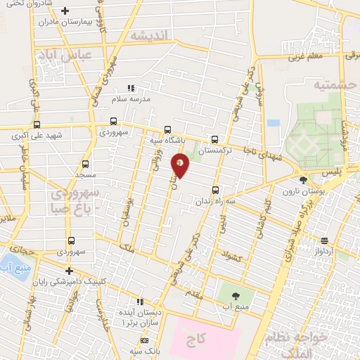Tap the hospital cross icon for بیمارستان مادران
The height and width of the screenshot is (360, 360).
click(x=65, y=11)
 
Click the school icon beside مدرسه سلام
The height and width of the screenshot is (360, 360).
click(x=130, y=88)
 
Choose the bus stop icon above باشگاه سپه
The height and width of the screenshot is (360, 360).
click(x=167, y=129)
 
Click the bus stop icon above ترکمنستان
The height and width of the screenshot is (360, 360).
click(x=214, y=139)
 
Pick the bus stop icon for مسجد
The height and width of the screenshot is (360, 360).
click(x=85, y=163)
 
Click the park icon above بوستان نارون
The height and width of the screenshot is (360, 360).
click(x=303, y=181)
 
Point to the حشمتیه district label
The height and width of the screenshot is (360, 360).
click(x=331, y=84)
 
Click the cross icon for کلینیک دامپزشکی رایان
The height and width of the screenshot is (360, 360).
click(x=69, y=271)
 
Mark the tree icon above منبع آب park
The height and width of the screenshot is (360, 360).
click(x=236, y=296)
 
